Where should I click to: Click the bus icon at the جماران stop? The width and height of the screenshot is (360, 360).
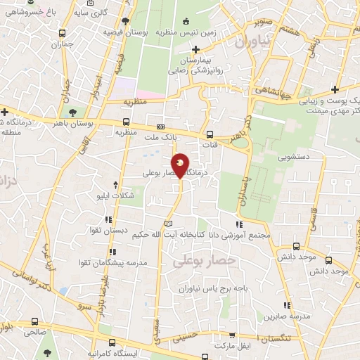tap(63, 33)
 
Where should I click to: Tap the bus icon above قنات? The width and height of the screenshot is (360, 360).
tap(209, 135)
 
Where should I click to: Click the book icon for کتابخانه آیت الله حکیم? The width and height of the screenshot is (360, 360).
tap(167, 224)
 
